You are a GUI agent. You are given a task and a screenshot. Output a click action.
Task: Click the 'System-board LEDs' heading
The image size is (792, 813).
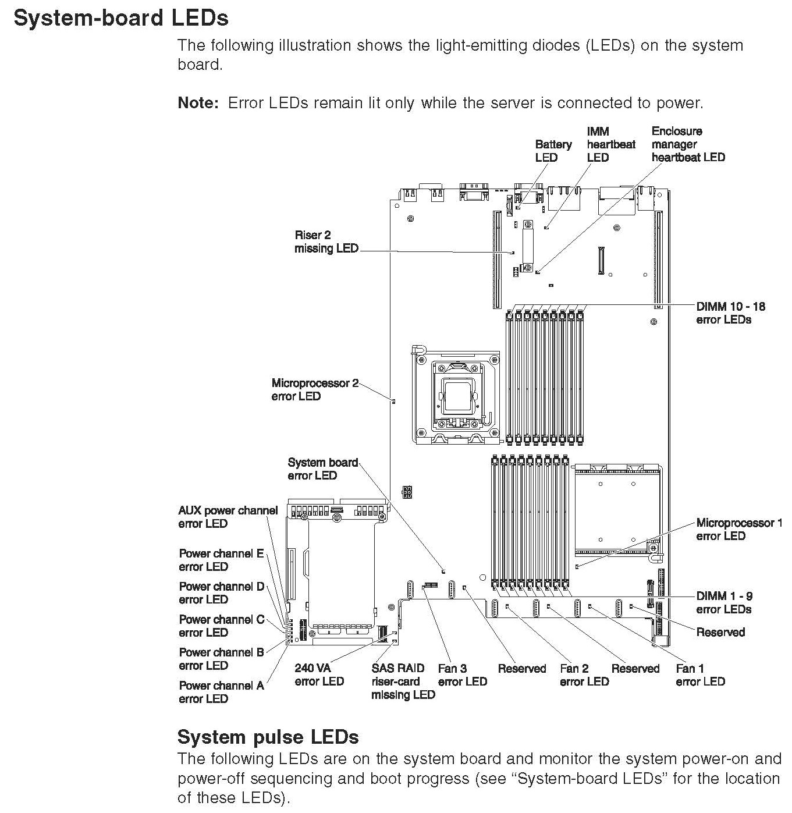click(121, 18)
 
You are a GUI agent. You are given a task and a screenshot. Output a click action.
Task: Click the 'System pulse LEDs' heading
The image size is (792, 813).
click(268, 737)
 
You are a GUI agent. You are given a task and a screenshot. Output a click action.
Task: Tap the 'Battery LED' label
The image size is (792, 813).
click(553, 151)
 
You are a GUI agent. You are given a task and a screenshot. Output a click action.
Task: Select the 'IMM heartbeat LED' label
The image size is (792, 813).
click(610, 144)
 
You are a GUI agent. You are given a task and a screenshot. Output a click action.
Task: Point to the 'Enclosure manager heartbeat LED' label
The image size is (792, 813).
click(688, 144)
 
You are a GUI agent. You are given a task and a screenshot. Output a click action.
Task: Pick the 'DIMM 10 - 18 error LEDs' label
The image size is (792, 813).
click(730, 313)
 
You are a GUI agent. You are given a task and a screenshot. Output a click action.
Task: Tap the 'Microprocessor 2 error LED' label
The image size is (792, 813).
click(314, 389)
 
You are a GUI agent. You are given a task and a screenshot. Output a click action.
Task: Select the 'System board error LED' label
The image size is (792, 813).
click(322, 468)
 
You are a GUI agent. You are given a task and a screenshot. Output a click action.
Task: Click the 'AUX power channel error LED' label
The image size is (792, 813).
click(228, 517)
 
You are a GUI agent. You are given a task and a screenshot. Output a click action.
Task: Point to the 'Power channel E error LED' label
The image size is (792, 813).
click(221, 560)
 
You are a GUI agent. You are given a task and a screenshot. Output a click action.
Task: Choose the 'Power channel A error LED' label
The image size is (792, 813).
click(221, 692)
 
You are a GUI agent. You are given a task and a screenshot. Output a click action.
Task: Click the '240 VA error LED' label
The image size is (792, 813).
click(319, 674)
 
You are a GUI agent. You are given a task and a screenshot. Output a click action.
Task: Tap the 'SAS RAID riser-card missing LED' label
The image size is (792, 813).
click(403, 681)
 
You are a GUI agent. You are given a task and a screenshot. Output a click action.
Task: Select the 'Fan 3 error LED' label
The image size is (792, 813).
click(462, 675)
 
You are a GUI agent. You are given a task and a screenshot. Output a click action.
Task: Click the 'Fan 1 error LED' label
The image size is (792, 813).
click(700, 675)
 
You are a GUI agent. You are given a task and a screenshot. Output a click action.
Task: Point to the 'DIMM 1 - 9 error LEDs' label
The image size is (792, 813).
click(724, 602)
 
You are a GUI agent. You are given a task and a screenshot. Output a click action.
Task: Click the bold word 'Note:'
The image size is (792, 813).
click(198, 103)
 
